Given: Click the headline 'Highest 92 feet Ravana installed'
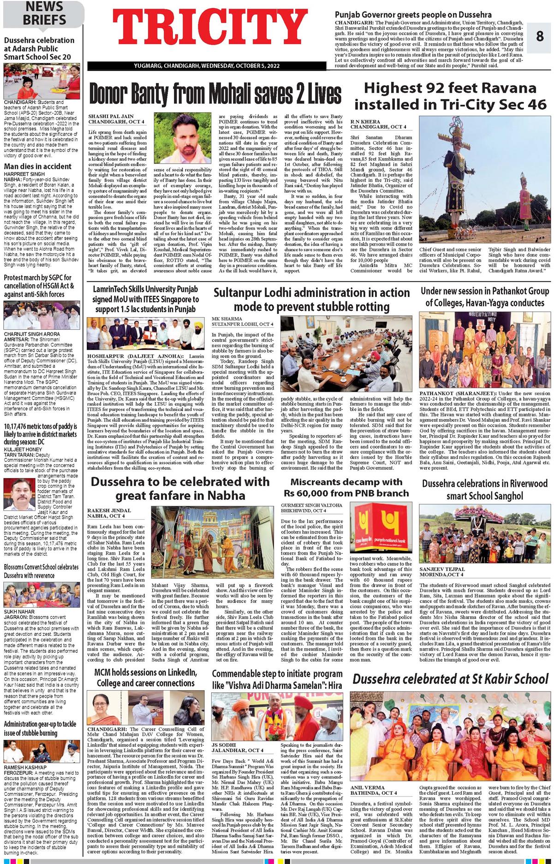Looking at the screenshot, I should coord(450,96).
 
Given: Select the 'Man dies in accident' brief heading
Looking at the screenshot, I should coord(38,166).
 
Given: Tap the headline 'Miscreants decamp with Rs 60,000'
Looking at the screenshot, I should coord(346,487).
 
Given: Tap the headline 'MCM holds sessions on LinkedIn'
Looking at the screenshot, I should coord(145,677).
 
